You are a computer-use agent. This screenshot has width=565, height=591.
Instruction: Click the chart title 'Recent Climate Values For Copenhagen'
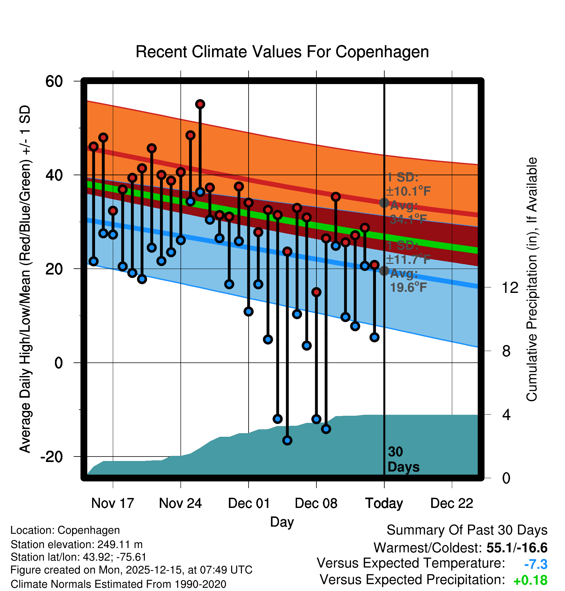tap(282, 52)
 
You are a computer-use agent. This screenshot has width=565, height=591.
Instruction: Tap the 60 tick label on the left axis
tap(54, 81)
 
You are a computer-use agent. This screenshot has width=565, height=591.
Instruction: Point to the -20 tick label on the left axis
tap(51, 457)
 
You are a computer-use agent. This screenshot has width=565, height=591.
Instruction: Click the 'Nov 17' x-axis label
tap(112, 503)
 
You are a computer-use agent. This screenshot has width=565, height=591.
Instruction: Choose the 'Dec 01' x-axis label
tap(249, 503)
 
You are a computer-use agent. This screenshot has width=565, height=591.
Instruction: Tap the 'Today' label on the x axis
tap(384, 503)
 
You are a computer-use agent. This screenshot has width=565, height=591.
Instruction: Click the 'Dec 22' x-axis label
tap(452, 503)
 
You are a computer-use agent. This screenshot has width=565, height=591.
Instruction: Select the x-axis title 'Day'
tap(282, 522)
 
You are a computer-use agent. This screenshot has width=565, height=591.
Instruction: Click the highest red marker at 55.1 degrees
tap(200, 104)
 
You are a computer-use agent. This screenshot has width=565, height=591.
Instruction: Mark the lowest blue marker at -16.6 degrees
tap(287, 440)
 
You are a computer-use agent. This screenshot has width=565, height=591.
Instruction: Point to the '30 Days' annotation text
tap(403, 459)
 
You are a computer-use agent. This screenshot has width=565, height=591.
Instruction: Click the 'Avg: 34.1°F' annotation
tap(406, 212)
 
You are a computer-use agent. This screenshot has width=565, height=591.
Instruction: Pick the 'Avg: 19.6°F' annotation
tap(406, 280)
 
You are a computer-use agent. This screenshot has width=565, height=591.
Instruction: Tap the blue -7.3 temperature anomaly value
tap(536, 564)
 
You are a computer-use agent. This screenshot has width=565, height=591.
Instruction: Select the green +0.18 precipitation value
tap(530, 581)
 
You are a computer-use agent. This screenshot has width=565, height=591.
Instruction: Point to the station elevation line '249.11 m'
tap(77, 544)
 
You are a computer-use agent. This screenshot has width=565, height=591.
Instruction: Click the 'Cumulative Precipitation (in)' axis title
tap(532, 280)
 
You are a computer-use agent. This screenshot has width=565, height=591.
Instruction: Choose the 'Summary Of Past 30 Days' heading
tap(467, 530)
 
